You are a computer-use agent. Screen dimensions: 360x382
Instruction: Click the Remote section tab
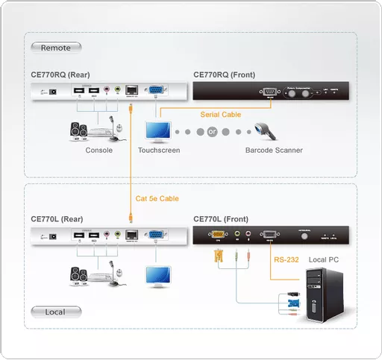pos(56,48)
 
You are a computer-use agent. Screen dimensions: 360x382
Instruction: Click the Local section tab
pos(54,312)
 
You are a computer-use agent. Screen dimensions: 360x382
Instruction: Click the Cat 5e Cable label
pos(157,198)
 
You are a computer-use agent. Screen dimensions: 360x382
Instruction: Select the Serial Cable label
pos(220,114)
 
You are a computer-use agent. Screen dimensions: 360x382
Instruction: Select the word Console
pos(99,150)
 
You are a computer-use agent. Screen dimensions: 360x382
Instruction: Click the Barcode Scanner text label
pos(274,150)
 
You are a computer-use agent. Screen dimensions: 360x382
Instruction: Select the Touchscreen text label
pos(159,150)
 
